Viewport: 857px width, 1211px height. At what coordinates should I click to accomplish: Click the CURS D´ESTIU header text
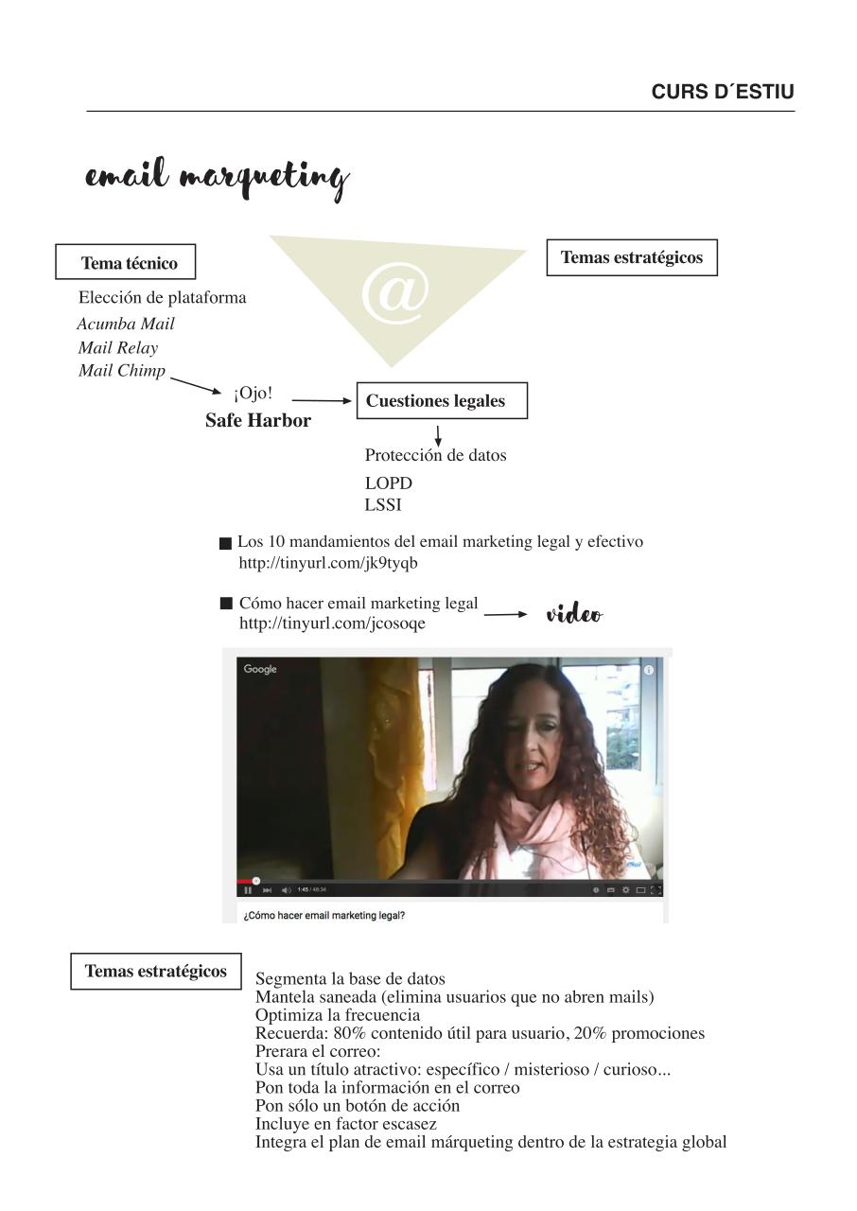pyautogui.click(x=723, y=92)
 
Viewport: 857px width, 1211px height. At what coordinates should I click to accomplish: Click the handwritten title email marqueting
pyautogui.click(x=217, y=178)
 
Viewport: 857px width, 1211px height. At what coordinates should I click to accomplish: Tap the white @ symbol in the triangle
pyautogui.click(x=394, y=293)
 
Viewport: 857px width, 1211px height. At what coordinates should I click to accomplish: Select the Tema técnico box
pyautogui.click(x=130, y=263)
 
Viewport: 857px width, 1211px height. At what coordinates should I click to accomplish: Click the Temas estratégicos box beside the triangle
pyautogui.click(x=632, y=257)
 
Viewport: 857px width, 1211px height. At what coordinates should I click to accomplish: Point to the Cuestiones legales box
pyautogui.click(x=441, y=400)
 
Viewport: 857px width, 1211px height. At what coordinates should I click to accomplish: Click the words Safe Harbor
pyautogui.click(x=258, y=421)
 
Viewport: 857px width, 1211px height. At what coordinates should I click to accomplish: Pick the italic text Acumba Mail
pyautogui.click(x=126, y=324)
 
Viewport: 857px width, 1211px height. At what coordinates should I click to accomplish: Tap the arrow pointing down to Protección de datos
pyautogui.click(x=438, y=436)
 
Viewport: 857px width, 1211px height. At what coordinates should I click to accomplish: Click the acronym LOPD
pyautogui.click(x=389, y=483)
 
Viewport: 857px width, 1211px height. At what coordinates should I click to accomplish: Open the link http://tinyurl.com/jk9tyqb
pyautogui.click(x=328, y=563)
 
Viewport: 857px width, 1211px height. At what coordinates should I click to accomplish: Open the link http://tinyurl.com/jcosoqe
pyautogui.click(x=332, y=623)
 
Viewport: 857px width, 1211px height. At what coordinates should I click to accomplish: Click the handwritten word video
pyautogui.click(x=574, y=615)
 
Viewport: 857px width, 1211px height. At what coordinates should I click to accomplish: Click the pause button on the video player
pyautogui.click(x=248, y=889)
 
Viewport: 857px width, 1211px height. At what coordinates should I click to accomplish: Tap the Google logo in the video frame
pyautogui.click(x=260, y=669)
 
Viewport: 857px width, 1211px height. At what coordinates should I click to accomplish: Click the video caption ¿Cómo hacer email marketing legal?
pyautogui.click(x=324, y=916)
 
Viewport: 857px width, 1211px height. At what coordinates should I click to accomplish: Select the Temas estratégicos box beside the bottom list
pyautogui.click(x=156, y=972)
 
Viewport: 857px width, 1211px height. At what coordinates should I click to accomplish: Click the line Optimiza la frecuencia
pyautogui.click(x=338, y=1015)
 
